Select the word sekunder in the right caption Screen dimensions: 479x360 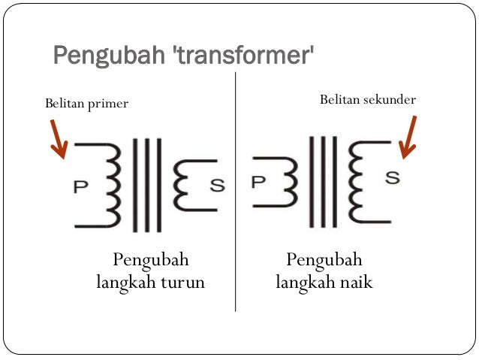click(x=388, y=100)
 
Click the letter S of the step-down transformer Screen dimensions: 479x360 click(x=217, y=185)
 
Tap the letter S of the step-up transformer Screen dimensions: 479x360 click(x=393, y=178)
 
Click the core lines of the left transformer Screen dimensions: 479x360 click(x=146, y=185)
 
